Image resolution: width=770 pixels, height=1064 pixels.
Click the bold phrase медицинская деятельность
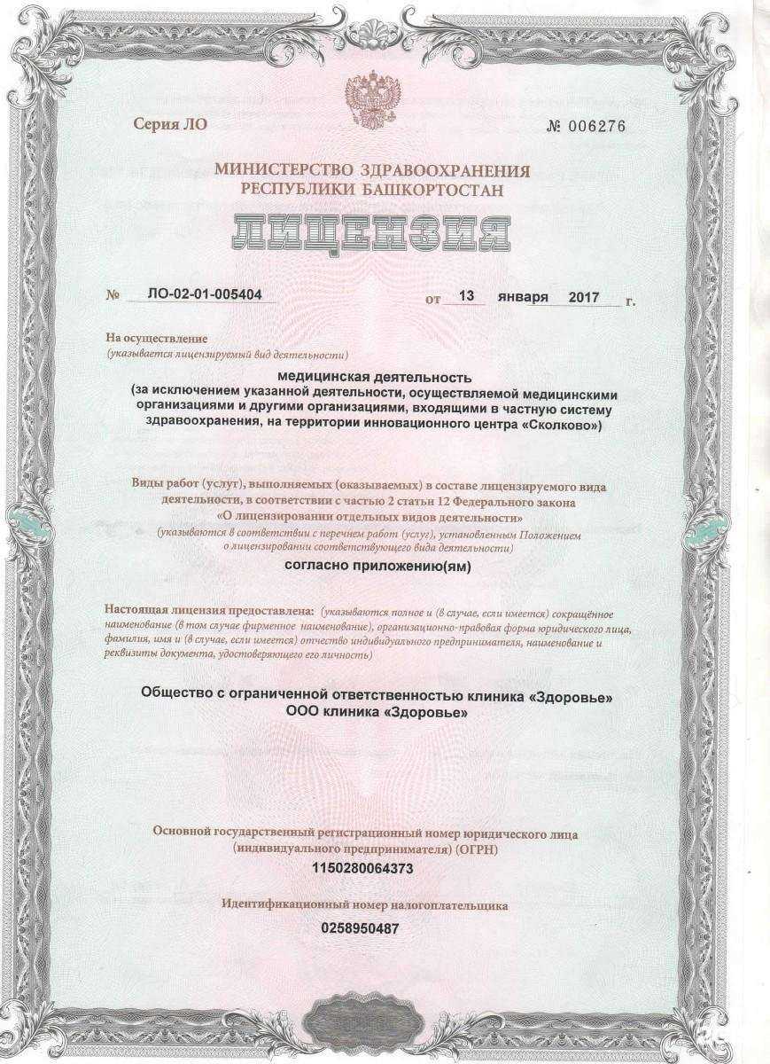(382, 379)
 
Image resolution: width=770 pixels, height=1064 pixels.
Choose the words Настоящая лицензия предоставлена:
(209, 612)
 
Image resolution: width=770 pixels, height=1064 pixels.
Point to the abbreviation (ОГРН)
(478, 849)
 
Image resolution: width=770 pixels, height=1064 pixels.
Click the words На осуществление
(157, 339)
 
